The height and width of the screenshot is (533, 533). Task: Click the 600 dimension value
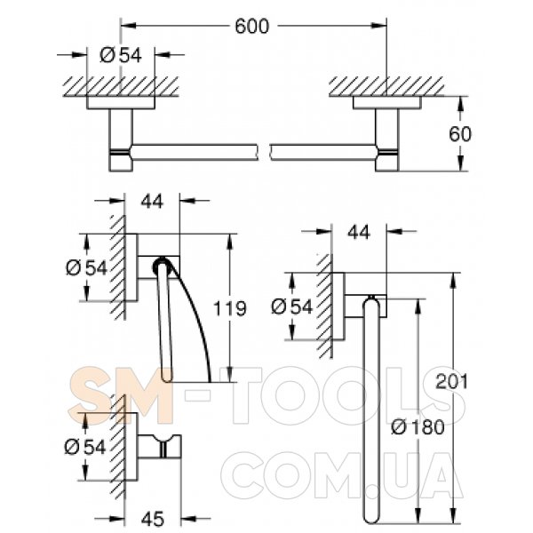(x=251, y=27)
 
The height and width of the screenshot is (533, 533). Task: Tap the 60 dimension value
(x=460, y=134)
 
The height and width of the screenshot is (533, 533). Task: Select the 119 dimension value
(x=229, y=308)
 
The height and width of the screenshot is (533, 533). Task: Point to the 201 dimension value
(x=452, y=381)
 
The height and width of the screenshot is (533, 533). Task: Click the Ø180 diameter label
(x=418, y=427)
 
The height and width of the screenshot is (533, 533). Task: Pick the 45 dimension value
(x=153, y=519)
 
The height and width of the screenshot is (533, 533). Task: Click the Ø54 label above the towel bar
(x=121, y=55)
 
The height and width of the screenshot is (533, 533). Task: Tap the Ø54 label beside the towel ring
(x=291, y=307)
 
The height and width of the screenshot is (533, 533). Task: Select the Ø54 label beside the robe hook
(x=85, y=447)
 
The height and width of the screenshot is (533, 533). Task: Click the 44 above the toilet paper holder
(x=152, y=202)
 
